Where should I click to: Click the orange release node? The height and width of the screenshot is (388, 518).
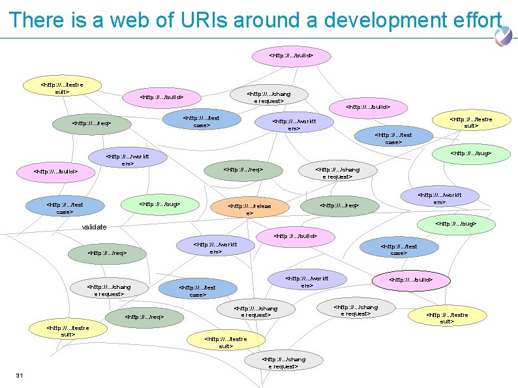click(249, 209)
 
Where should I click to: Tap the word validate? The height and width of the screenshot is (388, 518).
click(94, 227)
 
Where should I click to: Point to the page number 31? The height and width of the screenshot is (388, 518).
click(20, 374)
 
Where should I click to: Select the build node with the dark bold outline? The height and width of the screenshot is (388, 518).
click(411, 280)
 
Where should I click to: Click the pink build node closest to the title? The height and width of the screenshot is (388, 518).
click(292, 56)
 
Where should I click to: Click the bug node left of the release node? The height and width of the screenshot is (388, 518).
click(151, 205)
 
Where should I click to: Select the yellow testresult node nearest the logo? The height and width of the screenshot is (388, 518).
click(471, 122)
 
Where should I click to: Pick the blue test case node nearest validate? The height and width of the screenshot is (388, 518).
click(65, 207)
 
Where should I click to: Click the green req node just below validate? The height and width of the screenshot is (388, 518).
click(106, 252)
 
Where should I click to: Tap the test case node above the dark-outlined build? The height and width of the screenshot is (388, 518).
click(398, 249)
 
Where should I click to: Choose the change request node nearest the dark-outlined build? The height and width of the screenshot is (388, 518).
click(355, 310)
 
